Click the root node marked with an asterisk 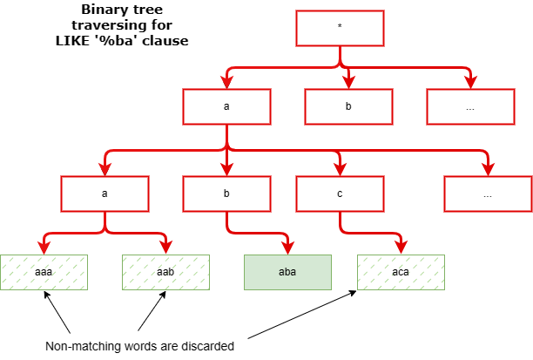(x=340, y=28)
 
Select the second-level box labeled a (x=226, y=106)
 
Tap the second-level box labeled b (x=348, y=106)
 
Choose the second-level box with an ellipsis (x=470, y=106)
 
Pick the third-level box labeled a (x=105, y=194)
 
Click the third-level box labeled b (x=226, y=194)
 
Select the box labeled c (x=340, y=194)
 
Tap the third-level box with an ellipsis (x=487, y=194)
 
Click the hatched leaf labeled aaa (x=44, y=272)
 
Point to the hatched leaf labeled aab (x=165, y=272)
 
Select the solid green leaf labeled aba (x=287, y=272)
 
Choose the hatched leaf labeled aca (x=401, y=272)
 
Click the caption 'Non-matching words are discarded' (x=139, y=346)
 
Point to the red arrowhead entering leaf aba (x=287, y=248)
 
